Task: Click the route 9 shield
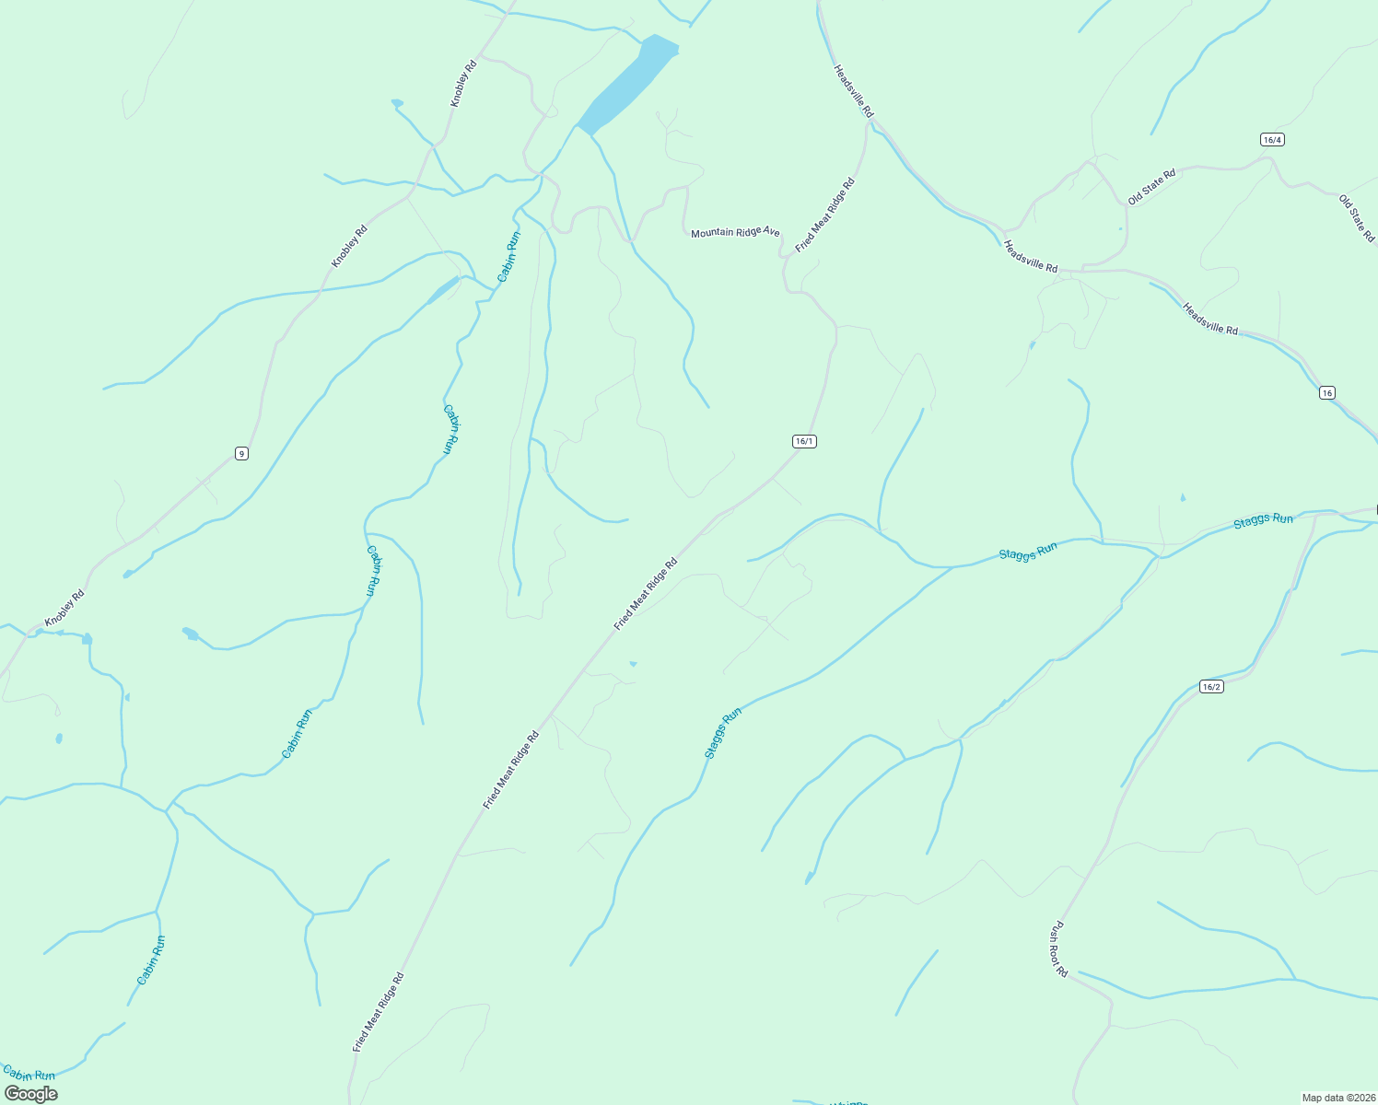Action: pyautogui.click(x=240, y=453)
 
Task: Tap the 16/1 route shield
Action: pyautogui.click(x=804, y=441)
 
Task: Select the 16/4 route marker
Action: pyautogui.click(x=1272, y=139)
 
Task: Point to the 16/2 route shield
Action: pyautogui.click(x=1211, y=686)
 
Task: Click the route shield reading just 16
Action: pyautogui.click(x=1325, y=392)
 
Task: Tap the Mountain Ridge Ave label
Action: pyautogui.click(x=735, y=232)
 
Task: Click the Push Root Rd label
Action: pyautogui.click(x=1058, y=948)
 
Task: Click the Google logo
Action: pyautogui.click(x=30, y=1094)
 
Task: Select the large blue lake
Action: pyautogui.click(x=627, y=84)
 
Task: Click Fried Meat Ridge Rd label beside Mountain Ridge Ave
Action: pyautogui.click(x=825, y=215)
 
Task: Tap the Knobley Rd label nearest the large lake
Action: pyautogui.click(x=463, y=83)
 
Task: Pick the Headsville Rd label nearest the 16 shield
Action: pyautogui.click(x=1210, y=319)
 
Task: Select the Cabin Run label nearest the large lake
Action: pyautogui.click(x=508, y=256)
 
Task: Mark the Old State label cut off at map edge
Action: pyautogui.click(x=1357, y=218)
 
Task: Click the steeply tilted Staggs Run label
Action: pyautogui.click(x=722, y=733)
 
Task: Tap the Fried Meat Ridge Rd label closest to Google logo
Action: pyautogui.click(x=378, y=1012)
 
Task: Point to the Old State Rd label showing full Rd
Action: pyautogui.click(x=1151, y=186)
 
